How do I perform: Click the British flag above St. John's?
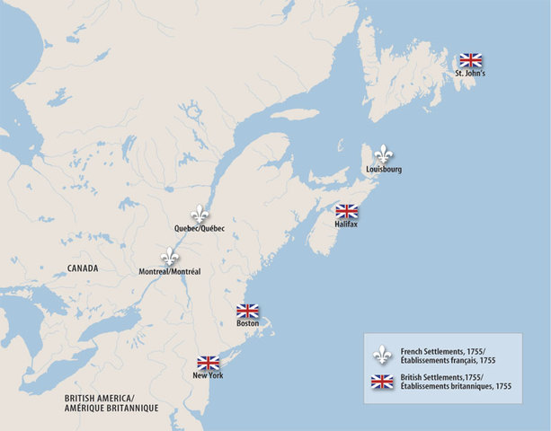[470, 60]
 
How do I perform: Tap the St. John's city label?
[470, 74]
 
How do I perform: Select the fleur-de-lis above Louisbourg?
[384, 154]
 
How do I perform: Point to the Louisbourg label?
[384, 169]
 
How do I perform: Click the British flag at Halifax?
[346, 211]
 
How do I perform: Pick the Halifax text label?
[346, 224]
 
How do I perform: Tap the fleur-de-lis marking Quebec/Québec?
[200, 215]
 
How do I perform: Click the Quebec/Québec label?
[200, 230]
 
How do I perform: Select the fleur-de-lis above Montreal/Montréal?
[169, 256]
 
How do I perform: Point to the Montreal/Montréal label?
[171, 271]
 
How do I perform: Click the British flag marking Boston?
[247, 311]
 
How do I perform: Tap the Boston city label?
[247, 323]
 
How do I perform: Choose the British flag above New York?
[208, 363]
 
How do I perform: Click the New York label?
[208, 375]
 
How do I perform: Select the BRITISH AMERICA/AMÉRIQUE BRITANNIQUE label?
[105, 402]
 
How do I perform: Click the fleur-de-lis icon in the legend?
[383, 354]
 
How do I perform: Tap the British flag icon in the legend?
[383, 382]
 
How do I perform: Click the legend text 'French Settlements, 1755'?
[444, 349]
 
